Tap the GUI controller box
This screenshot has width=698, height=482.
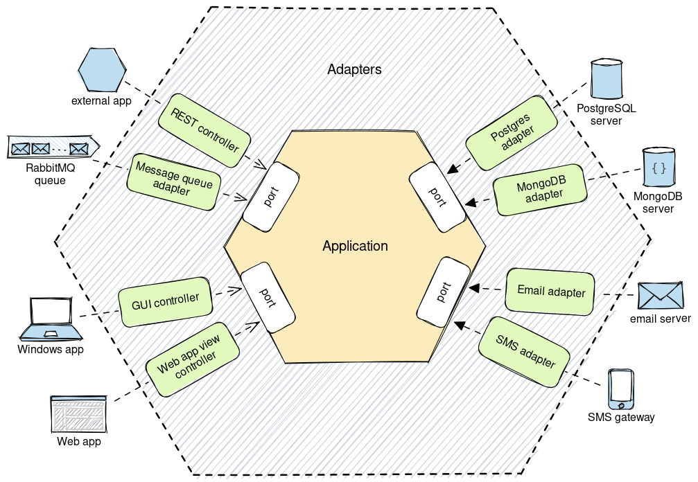click(x=166, y=301)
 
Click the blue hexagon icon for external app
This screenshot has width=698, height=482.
click(x=102, y=70)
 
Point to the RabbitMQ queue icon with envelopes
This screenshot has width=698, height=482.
click(x=53, y=148)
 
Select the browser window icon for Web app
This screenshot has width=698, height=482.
click(x=78, y=414)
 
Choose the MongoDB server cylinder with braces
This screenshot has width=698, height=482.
click(x=659, y=167)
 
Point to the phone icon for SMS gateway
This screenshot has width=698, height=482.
click(x=620, y=390)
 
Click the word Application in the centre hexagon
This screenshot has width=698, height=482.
click(x=355, y=246)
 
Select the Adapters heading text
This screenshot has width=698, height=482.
click(x=354, y=70)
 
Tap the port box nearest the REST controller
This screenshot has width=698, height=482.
click(x=270, y=197)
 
